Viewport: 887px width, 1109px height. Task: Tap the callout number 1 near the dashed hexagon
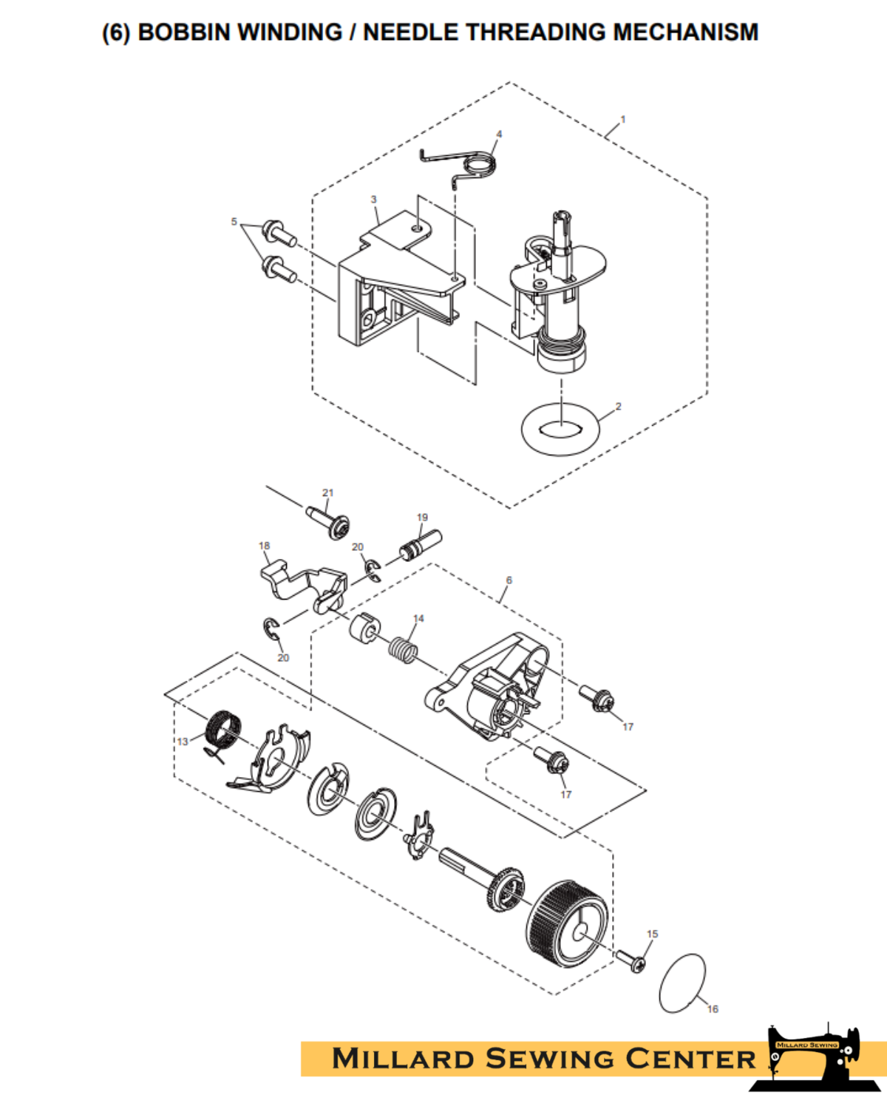point(623,119)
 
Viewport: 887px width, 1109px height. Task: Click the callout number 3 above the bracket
point(373,200)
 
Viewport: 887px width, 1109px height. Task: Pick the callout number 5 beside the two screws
point(234,221)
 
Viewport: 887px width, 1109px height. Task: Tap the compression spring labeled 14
point(403,650)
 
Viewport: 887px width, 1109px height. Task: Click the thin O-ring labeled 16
point(682,983)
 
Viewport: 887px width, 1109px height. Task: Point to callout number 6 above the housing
point(509,580)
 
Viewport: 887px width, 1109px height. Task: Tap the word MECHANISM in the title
point(685,33)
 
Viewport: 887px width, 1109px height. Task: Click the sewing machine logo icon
point(813,1057)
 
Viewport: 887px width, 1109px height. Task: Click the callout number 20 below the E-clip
point(283,657)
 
